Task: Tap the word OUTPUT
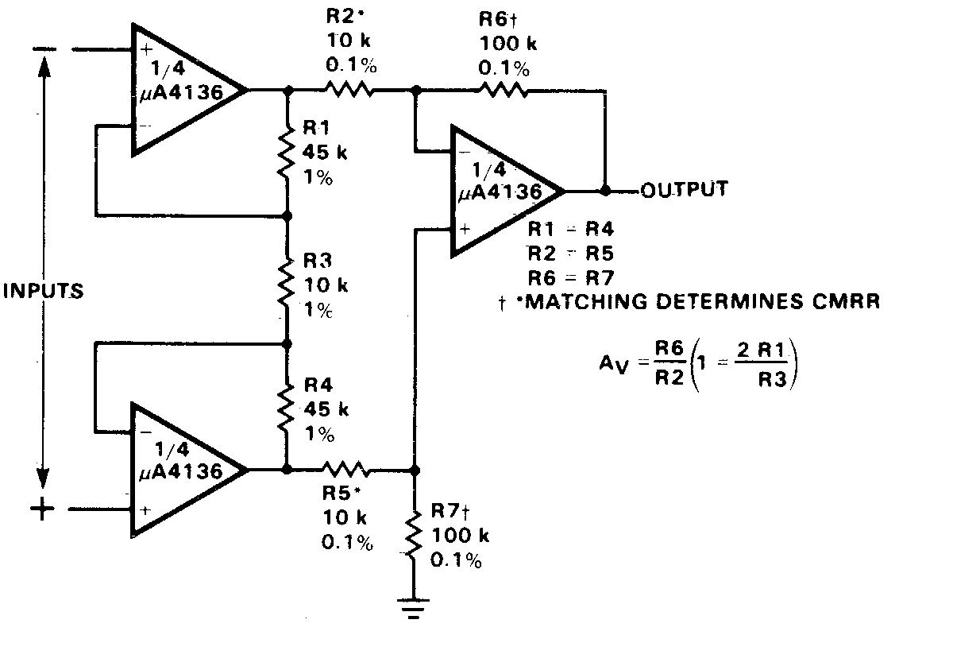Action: (684, 189)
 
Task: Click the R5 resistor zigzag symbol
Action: (343, 469)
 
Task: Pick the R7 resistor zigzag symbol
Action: (413, 534)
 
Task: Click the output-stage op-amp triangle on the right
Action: (504, 191)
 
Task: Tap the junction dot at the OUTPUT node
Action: (606, 191)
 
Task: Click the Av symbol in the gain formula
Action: (613, 362)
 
